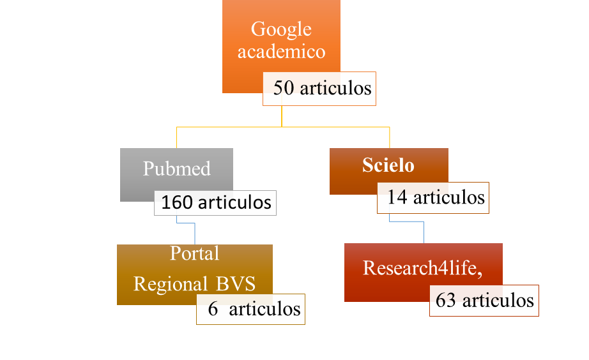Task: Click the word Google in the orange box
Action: [x=281, y=29]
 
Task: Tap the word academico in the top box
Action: [x=281, y=51]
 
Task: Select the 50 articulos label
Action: [x=321, y=88]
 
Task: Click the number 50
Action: [x=284, y=88]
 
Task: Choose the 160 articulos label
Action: [x=216, y=203]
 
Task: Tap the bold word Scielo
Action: [x=388, y=165]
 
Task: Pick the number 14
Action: [x=397, y=197]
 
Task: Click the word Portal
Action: [x=194, y=253]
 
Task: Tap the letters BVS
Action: [x=234, y=283]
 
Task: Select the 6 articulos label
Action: [x=253, y=309]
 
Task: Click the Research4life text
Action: [x=422, y=268]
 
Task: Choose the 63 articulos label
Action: [x=484, y=300]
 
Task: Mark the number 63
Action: [x=446, y=300]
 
